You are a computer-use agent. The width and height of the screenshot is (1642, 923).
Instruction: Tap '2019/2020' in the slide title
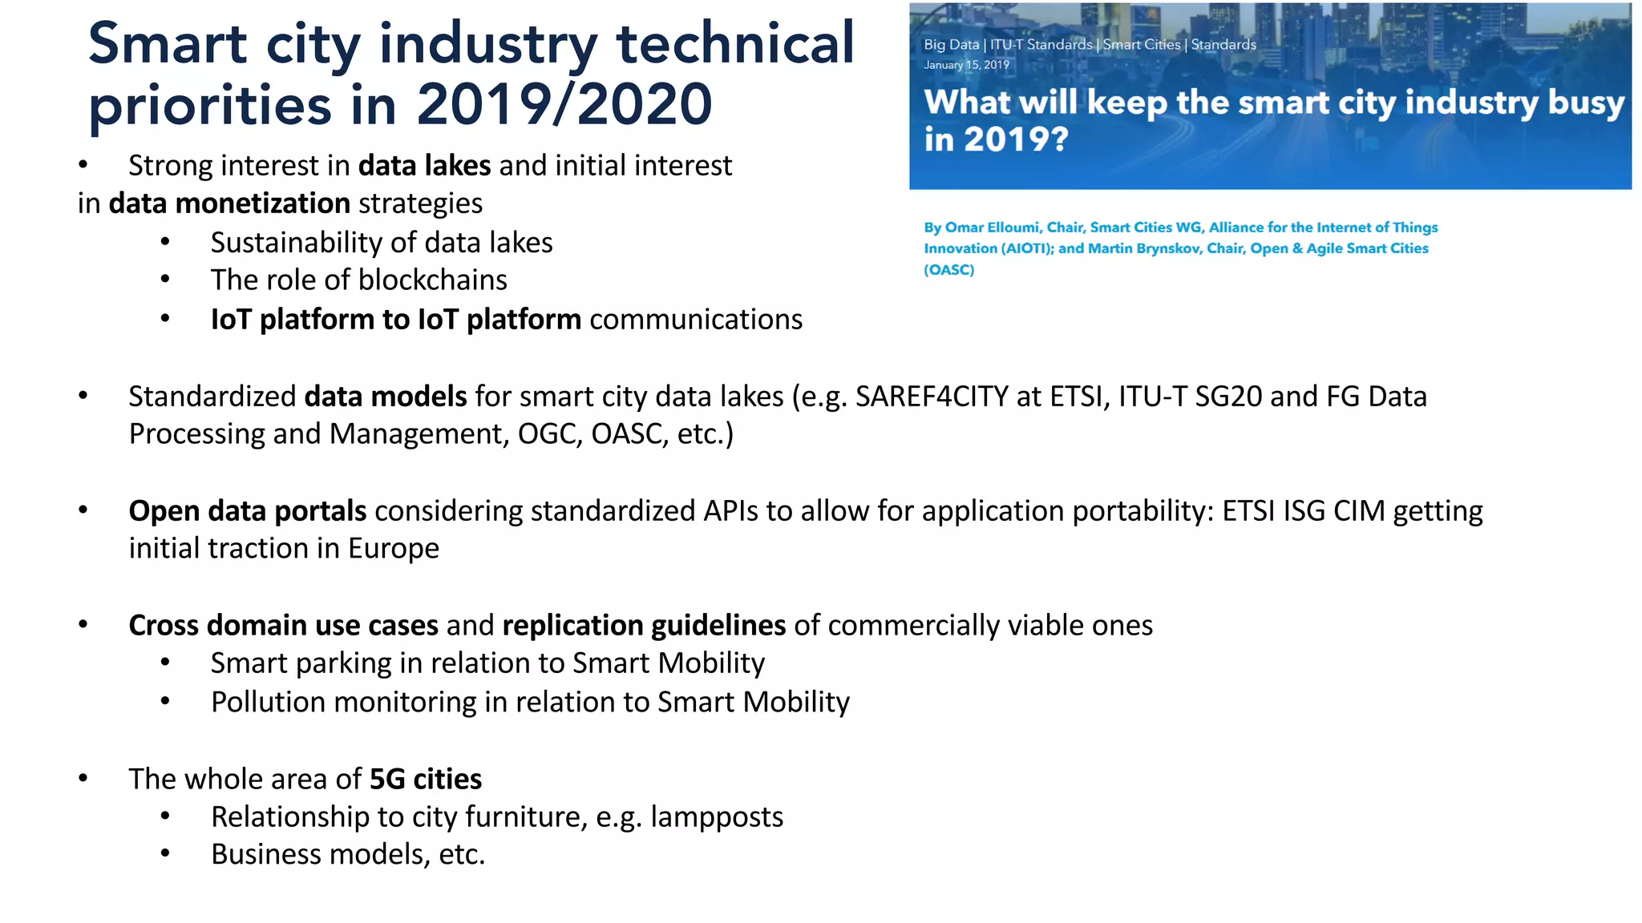[x=564, y=105]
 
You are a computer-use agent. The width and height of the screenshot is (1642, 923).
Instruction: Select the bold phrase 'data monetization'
[x=229, y=204]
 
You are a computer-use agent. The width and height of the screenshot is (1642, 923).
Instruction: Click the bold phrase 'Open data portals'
[x=248, y=511]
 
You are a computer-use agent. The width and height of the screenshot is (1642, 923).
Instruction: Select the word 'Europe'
[x=394, y=549]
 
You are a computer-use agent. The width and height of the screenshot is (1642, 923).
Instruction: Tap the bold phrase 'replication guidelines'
[x=644, y=626]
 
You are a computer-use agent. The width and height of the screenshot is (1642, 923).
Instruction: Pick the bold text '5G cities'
[x=426, y=780]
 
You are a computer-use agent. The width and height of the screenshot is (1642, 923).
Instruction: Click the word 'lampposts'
[x=717, y=817]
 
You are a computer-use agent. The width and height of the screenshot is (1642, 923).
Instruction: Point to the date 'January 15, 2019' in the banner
[x=966, y=65]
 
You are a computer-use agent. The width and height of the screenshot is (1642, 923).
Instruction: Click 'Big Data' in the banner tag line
[x=951, y=45]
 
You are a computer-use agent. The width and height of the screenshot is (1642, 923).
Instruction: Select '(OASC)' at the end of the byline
[x=949, y=270]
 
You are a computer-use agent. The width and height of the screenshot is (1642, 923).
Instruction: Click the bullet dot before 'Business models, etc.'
[x=165, y=854]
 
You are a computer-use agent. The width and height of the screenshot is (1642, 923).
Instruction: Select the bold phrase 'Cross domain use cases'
[x=284, y=626]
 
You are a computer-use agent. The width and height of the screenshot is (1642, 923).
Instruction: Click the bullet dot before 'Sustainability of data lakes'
[x=165, y=243]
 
